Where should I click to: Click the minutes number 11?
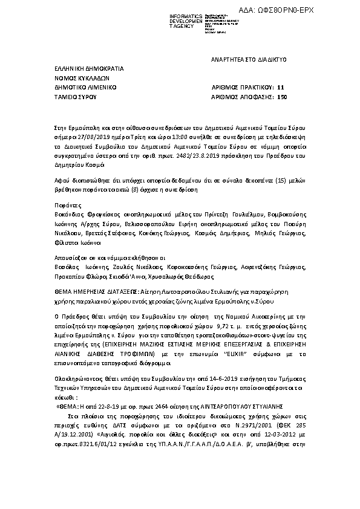point(280,87)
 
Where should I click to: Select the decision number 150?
point(281,96)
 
